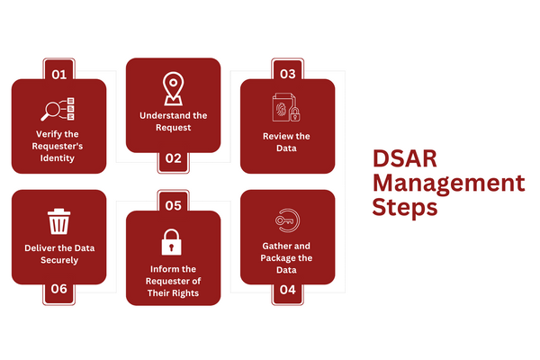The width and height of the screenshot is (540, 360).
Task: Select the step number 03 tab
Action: click(x=287, y=73)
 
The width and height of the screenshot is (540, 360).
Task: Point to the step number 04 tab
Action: click(x=287, y=290)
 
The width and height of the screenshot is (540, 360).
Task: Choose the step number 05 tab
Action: click(x=173, y=205)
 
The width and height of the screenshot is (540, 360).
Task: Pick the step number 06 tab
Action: click(x=58, y=290)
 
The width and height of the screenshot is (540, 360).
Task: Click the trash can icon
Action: click(x=58, y=220)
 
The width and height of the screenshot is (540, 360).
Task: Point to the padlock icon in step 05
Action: click(x=172, y=242)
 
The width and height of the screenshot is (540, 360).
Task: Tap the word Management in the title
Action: click(x=448, y=184)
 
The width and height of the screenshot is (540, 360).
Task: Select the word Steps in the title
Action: click(x=405, y=208)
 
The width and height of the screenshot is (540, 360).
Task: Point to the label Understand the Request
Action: click(x=173, y=121)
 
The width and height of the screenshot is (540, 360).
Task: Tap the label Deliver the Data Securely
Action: click(x=58, y=254)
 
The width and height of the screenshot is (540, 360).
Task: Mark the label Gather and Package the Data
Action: click(x=287, y=256)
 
